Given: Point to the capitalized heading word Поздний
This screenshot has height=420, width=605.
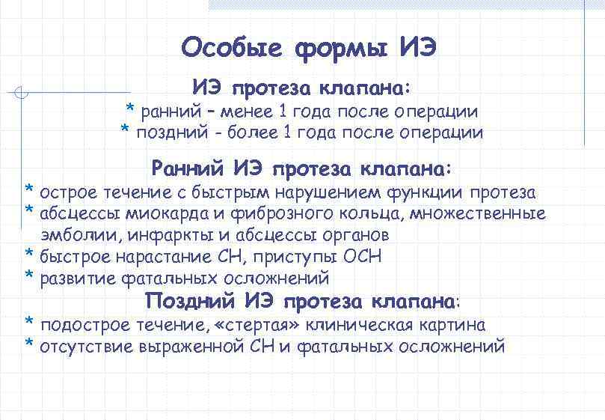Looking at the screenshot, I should (190, 302).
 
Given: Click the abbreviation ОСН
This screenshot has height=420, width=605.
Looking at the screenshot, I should (362, 257).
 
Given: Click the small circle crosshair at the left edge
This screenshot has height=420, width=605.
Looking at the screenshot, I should (22, 94).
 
